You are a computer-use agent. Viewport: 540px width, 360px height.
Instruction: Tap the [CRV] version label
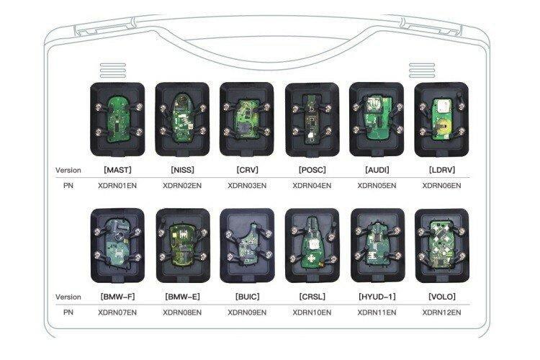pos(246,171)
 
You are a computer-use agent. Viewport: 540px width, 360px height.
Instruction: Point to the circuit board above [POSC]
pos(311,119)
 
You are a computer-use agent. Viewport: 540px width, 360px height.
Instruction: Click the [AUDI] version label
pos(376,171)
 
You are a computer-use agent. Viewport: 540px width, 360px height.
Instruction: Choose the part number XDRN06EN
pos(441,185)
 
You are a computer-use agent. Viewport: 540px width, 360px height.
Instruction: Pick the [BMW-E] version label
pos(181,297)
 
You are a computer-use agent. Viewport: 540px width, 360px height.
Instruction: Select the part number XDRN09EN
pos(246,312)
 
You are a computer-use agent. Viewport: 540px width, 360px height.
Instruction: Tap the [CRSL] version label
pos(311,297)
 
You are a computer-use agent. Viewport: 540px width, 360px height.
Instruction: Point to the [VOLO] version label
pos(441,297)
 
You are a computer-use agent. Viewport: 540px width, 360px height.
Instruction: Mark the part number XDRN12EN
pos(441,312)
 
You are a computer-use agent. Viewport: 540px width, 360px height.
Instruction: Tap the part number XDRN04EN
pos(311,185)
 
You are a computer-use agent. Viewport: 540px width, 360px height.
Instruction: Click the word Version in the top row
pos(68,171)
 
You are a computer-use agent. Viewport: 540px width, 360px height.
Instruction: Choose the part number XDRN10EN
pos(311,312)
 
